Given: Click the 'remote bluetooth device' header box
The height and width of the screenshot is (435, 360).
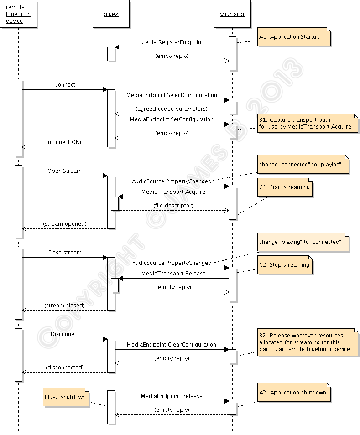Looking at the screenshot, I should tap(18, 14).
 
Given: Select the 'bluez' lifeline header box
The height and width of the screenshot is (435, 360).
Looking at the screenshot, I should tap(111, 14).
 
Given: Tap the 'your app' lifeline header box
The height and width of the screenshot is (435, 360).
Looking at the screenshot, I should tap(232, 14).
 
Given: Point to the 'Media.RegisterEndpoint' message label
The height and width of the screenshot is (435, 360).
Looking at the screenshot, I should tap(172, 42).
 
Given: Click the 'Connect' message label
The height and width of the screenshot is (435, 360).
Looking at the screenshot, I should tap(65, 85).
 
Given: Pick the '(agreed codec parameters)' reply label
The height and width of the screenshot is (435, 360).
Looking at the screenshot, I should tap(172, 109).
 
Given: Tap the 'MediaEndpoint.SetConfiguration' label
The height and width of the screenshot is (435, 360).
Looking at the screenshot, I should tap(172, 119).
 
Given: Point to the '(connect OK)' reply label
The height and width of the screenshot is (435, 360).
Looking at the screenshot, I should tap(64, 142).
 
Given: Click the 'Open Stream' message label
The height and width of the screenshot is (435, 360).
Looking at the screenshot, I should tap(65, 171).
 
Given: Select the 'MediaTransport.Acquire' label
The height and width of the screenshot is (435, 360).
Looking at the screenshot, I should tap(173, 192).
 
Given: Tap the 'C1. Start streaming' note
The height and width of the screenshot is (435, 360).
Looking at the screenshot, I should tap(285, 187).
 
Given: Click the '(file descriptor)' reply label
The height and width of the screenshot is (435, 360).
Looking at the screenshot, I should tap(173, 206).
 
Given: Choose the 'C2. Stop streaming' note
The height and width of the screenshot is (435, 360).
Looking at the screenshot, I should tap(285, 265).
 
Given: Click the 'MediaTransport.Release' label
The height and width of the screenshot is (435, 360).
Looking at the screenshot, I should tap(173, 274).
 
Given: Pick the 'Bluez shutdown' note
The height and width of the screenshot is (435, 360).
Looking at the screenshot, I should tap(66, 397).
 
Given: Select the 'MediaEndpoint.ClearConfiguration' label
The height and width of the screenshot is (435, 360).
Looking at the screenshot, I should tap(172, 345).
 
